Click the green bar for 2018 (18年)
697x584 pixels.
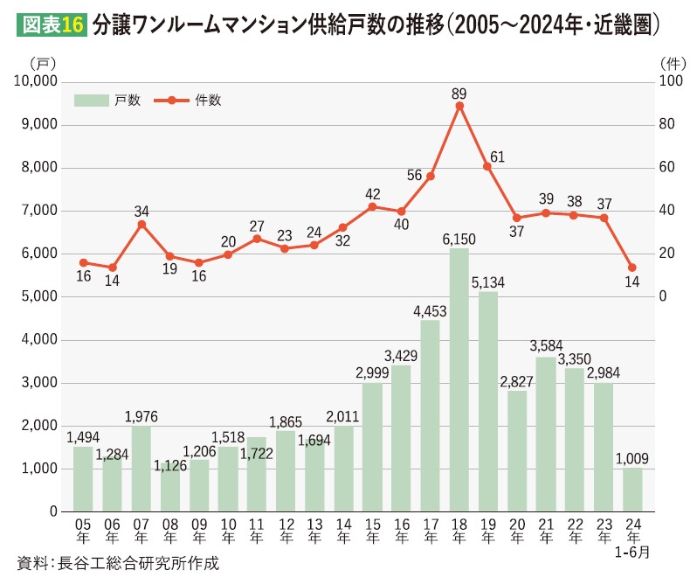pos(459,380)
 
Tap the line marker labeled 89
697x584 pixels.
pos(459,106)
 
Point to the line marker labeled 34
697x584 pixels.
pos(141,224)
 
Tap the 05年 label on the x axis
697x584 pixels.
pos(83,531)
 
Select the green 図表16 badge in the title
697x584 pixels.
pos(50,25)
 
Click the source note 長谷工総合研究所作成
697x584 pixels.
pos(118,563)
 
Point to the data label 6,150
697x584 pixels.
pos(459,239)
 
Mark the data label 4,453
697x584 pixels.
pos(430,309)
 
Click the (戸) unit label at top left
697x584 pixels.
pos(41,63)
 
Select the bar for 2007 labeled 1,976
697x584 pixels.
pos(141,469)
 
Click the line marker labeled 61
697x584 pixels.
pos(488,166)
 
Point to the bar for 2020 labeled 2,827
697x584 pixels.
pos(517,451)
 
